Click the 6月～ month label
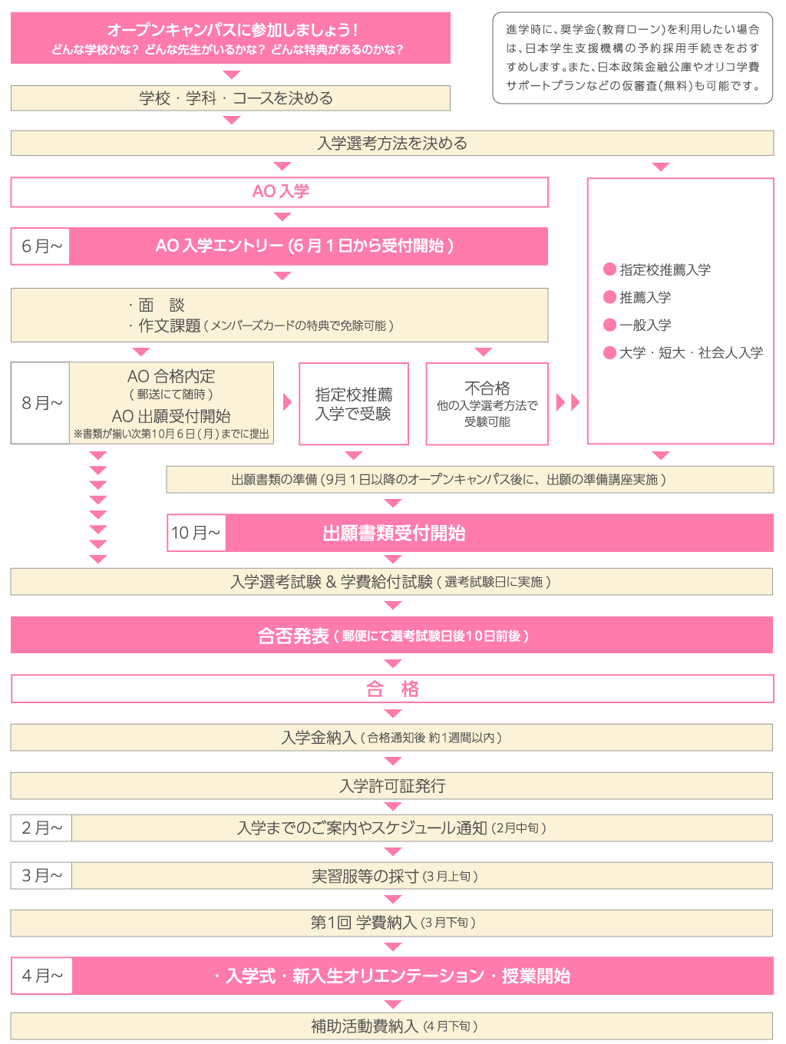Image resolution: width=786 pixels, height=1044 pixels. pyautogui.click(x=41, y=246)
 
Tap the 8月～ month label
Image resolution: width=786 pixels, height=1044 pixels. pyautogui.click(x=41, y=403)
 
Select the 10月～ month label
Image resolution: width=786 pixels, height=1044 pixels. pyautogui.click(x=196, y=533)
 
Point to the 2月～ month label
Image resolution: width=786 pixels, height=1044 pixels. pyautogui.click(x=41, y=828)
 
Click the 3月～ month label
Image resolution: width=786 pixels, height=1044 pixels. pyautogui.click(x=41, y=876)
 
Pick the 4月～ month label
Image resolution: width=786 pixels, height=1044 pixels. pyautogui.click(x=41, y=976)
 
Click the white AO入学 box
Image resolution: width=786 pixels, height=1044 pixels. pyautogui.click(x=280, y=192)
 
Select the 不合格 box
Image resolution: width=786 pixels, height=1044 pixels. pyautogui.click(x=487, y=404)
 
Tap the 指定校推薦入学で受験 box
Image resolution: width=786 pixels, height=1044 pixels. pyautogui.click(x=354, y=404)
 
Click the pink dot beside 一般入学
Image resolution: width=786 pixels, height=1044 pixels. pyautogui.click(x=610, y=325)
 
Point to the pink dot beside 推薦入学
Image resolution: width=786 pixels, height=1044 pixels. pyautogui.click(x=610, y=297)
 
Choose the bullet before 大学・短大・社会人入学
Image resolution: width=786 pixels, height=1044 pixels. pyautogui.click(x=610, y=352)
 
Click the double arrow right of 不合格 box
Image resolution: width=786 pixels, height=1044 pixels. pyautogui.click(x=568, y=401)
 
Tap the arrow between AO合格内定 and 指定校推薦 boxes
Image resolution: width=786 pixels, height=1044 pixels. pyautogui.click(x=287, y=401)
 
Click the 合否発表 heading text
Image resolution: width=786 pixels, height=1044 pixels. pyautogui.click(x=293, y=636)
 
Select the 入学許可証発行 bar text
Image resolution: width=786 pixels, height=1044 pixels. pyautogui.click(x=392, y=786)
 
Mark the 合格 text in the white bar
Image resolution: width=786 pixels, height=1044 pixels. pyautogui.click(x=392, y=689)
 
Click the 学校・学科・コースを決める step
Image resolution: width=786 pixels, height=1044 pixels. pyautogui.click(x=236, y=98)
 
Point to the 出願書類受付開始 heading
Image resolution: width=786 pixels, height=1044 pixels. pyautogui.click(x=394, y=533)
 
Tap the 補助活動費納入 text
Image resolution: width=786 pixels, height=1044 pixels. pyautogui.click(x=365, y=1026)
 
